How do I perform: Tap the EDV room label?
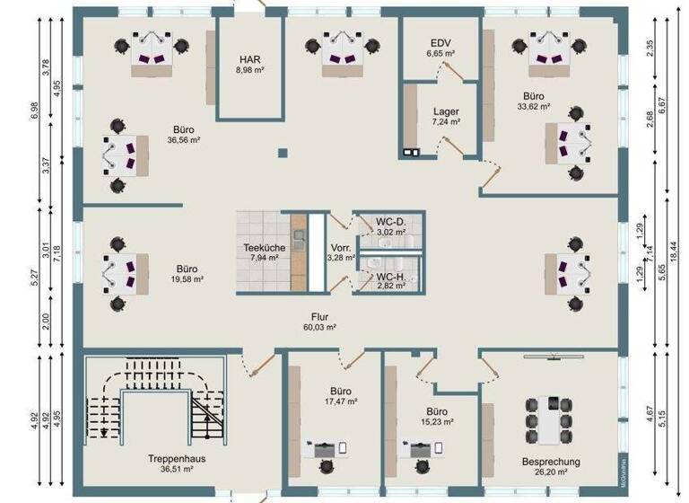coord(440,43)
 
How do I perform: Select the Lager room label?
coord(446,111)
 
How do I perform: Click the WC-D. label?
coord(392,221)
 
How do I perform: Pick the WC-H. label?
coord(392,277)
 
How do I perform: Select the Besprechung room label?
coord(551,462)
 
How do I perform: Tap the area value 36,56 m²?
coord(183,140)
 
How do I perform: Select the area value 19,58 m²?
coord(188,279)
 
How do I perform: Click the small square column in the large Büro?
coord(282,153)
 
